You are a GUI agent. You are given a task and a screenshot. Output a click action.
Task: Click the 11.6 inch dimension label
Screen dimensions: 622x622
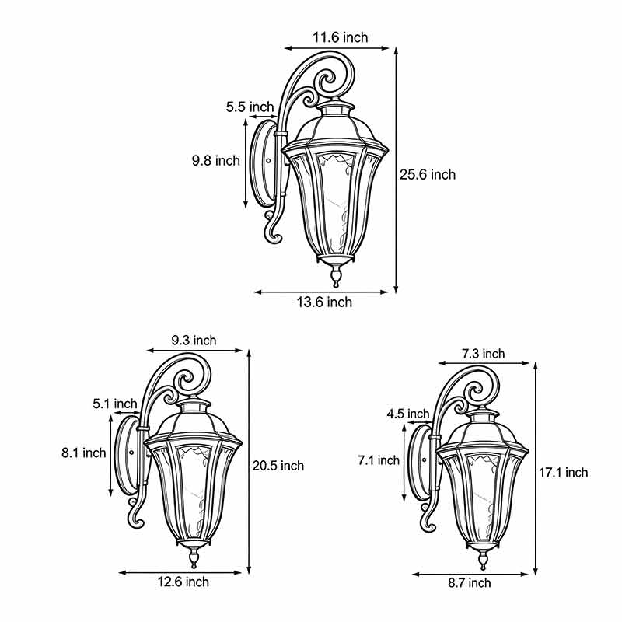tap(341, 37)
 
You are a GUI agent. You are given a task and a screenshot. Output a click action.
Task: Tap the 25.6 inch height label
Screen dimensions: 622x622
tap(428, 175)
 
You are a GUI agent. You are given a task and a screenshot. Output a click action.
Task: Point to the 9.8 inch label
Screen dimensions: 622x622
tap(216, 161)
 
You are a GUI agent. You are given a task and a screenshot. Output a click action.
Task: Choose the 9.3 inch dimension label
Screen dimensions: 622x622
tap(194, 341)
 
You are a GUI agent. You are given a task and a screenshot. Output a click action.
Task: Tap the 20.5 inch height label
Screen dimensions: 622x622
tap(278, 466)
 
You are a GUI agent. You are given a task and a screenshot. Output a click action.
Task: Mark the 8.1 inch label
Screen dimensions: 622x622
tap(83, 453)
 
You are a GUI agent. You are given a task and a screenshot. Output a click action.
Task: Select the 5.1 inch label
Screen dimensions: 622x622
tap(114, 404)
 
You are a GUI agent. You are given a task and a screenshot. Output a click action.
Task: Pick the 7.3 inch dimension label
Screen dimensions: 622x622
tap(483, 354)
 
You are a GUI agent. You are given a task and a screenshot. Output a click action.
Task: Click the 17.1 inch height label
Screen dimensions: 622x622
tap(563, 472)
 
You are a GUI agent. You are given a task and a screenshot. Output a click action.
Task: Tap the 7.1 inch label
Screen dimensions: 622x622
tap(379, 460)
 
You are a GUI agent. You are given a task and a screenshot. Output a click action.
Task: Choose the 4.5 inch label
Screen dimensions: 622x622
tap(407, 414)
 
